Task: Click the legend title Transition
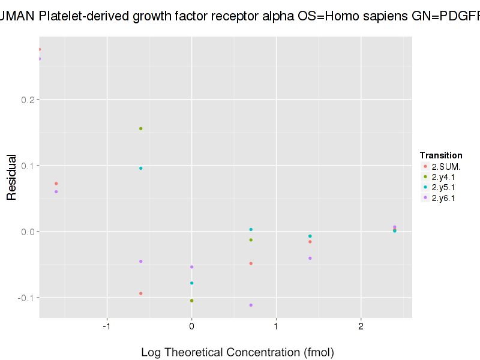(441, 155)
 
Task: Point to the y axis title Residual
(11, 177)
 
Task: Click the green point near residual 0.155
(141, 128)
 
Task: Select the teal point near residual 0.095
(141, 168)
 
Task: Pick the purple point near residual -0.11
(251, 305)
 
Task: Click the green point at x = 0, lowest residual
(191, 301)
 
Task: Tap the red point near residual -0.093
(141, 293)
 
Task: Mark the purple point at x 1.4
(310, 258)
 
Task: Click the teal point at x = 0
(191, 283)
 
